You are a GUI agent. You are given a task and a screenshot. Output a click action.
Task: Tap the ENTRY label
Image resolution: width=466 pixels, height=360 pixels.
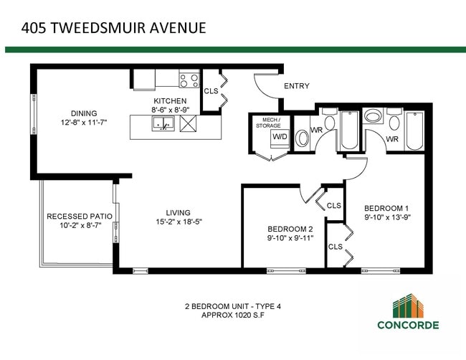click(x=297, y=86)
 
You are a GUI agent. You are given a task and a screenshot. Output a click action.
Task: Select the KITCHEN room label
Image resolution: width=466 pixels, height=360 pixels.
click(x=169, y=101)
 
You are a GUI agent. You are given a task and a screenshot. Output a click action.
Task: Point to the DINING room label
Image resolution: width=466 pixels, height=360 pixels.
click(x=84, y=113)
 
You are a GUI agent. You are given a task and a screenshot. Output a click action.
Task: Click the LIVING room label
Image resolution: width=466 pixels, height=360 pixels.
click(x=178, y=212)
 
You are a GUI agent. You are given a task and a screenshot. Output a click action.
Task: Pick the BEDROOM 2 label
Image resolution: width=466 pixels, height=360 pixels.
click(x=291, y=229)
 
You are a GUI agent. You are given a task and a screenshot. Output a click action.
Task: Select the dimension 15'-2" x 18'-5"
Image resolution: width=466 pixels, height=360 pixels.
click(x=178, y=222)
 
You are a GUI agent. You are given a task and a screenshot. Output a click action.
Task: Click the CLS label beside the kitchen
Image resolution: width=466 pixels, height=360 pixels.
click(x=211, y=91)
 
